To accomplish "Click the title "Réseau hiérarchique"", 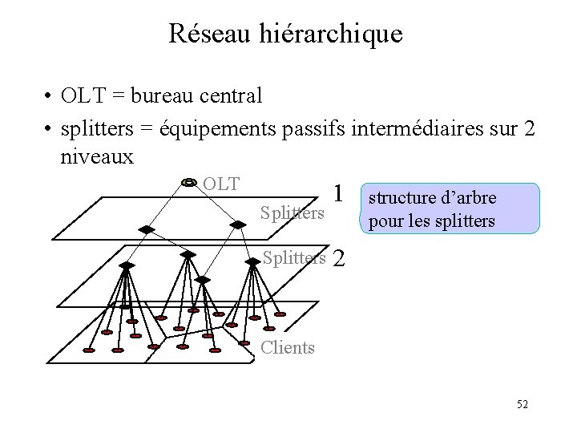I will point(285,34).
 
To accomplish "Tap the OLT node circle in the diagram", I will point(189,183).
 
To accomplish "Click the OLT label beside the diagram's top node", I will point(221,184).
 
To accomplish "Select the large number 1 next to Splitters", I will point(340,193).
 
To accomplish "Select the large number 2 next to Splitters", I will point(338,258).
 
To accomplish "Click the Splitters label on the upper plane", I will point(293,212).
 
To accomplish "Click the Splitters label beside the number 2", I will point(295,257).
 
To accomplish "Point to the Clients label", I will point(288,346).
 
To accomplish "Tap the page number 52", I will point(522,404).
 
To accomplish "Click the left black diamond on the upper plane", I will point(146,229).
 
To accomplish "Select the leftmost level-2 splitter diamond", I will point(126,265).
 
